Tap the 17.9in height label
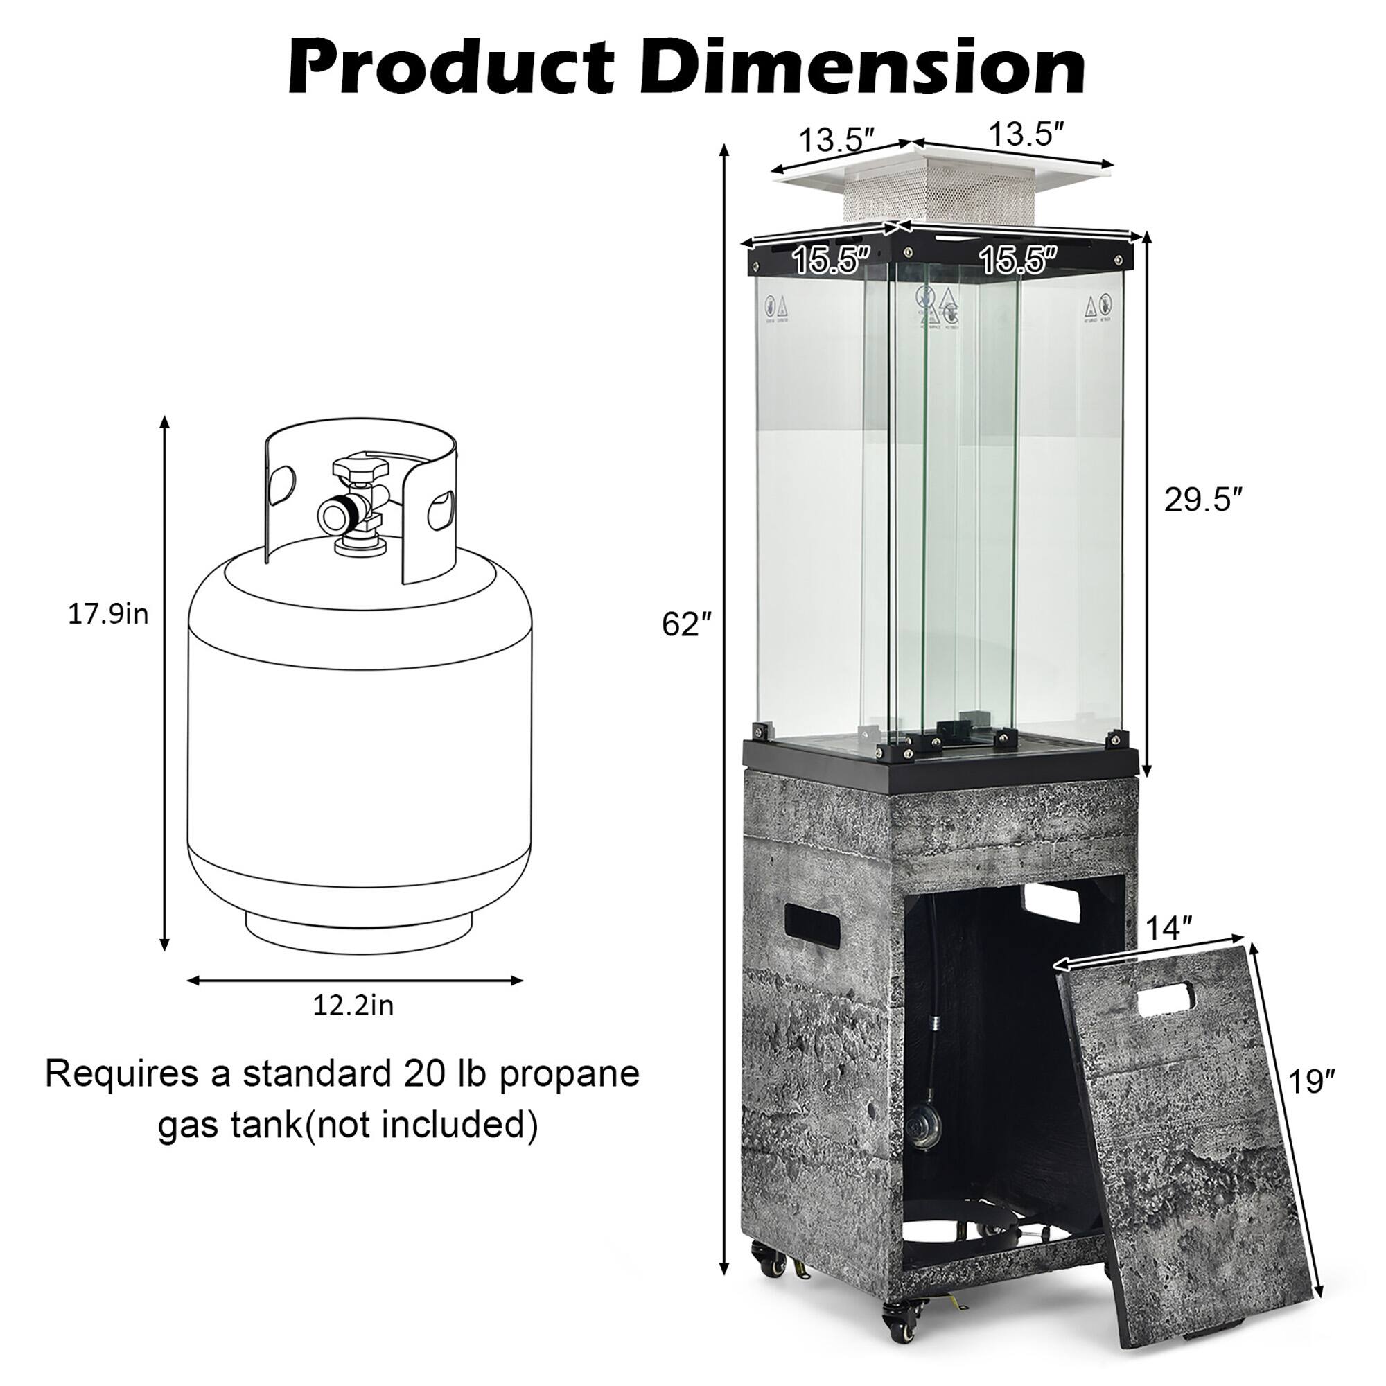[107, 614]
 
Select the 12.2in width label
[353, 1006]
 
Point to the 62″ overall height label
[686, 625]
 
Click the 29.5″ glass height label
[1202, 500]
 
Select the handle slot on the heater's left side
[812, 924]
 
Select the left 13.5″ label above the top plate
[836, 139]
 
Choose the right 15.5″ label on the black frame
[1019, 261]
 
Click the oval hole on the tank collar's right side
[440, 510]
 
